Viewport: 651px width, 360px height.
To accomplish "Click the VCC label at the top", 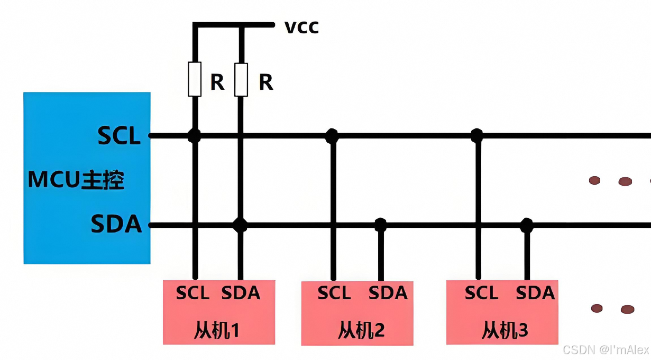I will pos(301,27).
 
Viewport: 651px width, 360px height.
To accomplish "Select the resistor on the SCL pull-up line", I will pos(195,79).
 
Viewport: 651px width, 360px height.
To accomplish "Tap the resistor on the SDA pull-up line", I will pos(241,79).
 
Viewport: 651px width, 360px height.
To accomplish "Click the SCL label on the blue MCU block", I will pos(119,136).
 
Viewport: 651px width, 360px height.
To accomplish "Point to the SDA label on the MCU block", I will pos(116,224).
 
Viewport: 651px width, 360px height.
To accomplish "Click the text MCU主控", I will pos(76,181).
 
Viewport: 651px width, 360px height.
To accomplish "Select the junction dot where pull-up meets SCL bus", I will pos(195,136).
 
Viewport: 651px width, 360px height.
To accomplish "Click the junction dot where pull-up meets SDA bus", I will pos(241,225).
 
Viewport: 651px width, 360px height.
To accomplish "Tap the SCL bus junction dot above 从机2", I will pos(332,136).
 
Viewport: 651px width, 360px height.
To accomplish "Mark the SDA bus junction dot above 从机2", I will pos(380,225).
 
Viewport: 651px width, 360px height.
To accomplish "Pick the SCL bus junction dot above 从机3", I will pos(477,136).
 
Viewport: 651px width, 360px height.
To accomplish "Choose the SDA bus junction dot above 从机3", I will pos(526,225).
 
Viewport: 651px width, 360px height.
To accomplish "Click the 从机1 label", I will pos(217,331).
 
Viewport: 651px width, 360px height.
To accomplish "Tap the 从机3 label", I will pos(505,331).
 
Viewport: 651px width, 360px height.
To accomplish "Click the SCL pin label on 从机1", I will pos(193,293).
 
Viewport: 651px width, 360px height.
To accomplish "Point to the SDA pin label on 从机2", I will pos(388,293).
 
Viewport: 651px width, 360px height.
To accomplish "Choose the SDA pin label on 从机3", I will pos(535,293).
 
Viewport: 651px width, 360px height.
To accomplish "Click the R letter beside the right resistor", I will pos(266,82).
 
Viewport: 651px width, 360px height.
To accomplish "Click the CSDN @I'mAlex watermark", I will pos(606,350).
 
